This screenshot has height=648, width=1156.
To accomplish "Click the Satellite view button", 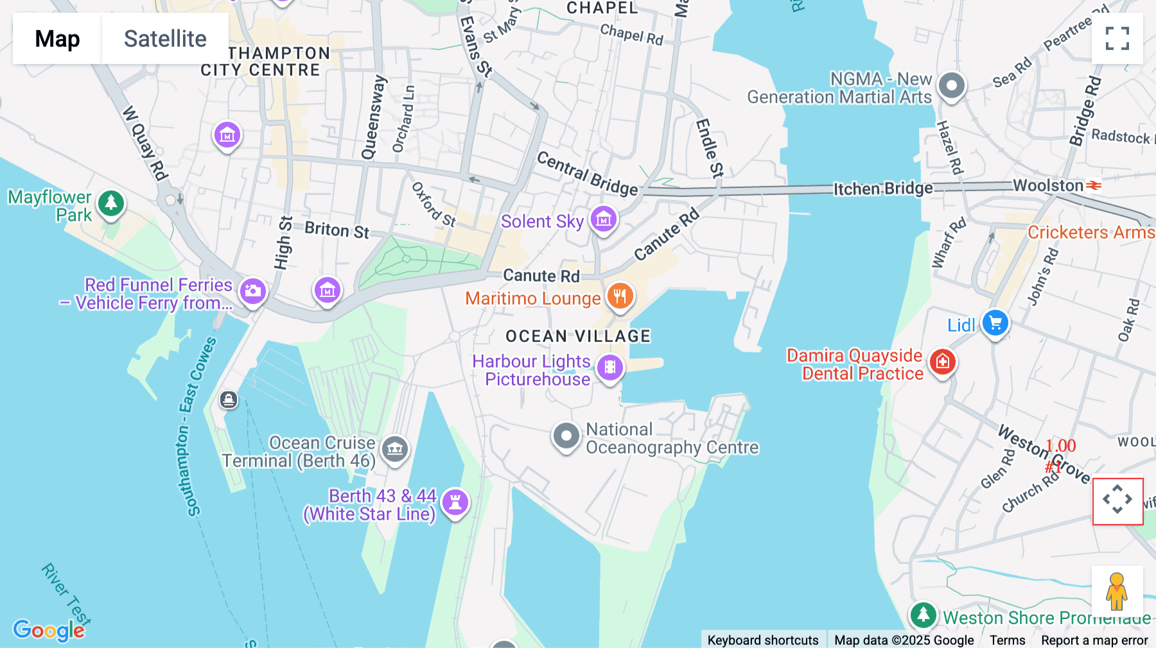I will (165, 38).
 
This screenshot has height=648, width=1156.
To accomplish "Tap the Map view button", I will (57, 38).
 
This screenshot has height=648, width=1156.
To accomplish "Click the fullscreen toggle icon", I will (1117, 38).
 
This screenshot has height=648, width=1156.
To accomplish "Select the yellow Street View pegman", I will (1116, 591).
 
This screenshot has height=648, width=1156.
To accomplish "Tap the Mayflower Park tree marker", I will (111, 203).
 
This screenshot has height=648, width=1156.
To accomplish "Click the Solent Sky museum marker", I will (603, 219).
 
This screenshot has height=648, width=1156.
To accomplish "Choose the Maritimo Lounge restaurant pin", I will (620, 296).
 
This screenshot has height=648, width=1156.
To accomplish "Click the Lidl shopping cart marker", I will (995, 323).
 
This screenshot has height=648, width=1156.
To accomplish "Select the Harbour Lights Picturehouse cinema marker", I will (609, 368).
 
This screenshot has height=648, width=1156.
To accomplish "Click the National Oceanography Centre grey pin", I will (566, 436).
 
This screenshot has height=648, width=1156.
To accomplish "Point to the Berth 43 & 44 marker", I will (455, 502).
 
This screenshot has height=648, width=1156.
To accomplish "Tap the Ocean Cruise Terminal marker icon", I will (395, 449).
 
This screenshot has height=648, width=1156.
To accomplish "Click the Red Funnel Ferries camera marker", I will (252, 291).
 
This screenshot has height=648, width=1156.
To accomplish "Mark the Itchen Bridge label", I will (882, 189).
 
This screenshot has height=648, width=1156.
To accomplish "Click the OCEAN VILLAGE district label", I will (578, 336).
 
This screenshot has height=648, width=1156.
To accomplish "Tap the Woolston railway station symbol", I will (1094, 185).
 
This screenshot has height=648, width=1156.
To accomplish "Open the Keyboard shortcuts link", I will (762, 640).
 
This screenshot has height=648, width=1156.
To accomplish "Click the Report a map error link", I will (1094, 640).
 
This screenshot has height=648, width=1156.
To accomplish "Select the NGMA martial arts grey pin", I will (951, 85).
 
